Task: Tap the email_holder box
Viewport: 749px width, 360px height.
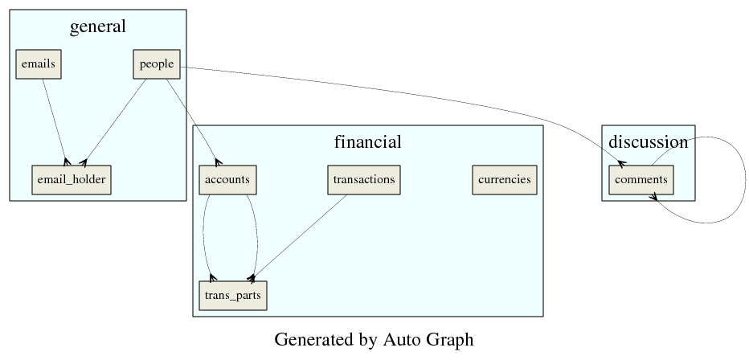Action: coord(71,179)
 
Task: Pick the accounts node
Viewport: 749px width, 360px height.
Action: coord(227,179)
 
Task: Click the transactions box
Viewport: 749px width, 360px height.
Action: coord(364,179)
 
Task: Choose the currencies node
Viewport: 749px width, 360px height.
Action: coord(504,179)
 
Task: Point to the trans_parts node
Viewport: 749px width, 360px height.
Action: coord(232,295)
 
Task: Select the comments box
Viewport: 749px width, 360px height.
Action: coord(641,179)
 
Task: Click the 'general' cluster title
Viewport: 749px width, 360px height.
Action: coord(98,27)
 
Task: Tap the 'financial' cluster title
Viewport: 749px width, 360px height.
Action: coord(367,142)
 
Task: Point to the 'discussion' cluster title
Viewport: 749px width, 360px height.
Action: coord(648,142)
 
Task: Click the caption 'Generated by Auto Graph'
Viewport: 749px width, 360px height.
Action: coord(374,339)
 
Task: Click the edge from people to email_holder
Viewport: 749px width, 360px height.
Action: coord(115,121)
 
